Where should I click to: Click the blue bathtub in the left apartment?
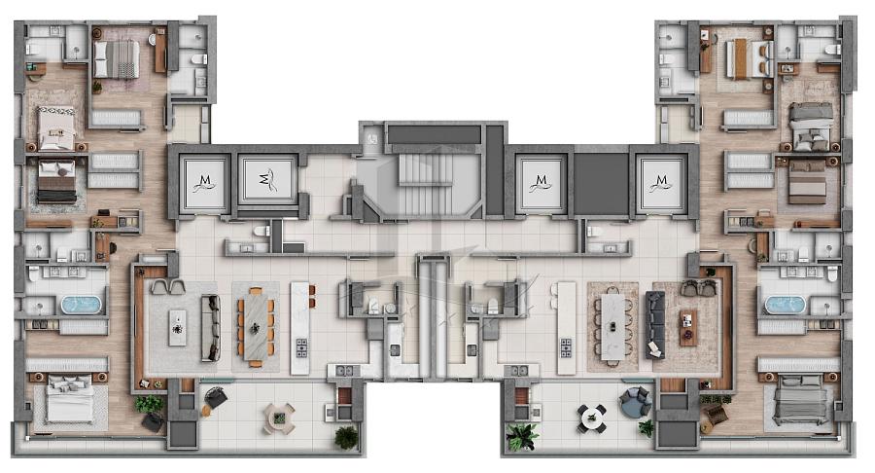tap(81, 305)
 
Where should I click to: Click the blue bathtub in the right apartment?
tap(786, 305)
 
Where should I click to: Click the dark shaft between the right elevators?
tap(601, 183)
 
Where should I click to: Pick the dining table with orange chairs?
tap(256, 327)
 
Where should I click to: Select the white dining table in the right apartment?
tap(612, 326)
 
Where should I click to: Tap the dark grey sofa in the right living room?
tap(654, 325)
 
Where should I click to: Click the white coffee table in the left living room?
tap(178, 328)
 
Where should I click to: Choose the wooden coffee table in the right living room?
tap(688, 328)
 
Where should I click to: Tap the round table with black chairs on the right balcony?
tap(592, 418)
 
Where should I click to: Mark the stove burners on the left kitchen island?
tap(301, 347)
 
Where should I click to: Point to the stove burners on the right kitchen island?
tap(565, 347)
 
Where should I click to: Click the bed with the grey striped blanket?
tap(117, 59)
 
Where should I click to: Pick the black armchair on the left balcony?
tap(216, 398)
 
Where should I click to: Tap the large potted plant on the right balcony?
tap(521, 437)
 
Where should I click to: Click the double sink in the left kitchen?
tap(344, 370)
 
